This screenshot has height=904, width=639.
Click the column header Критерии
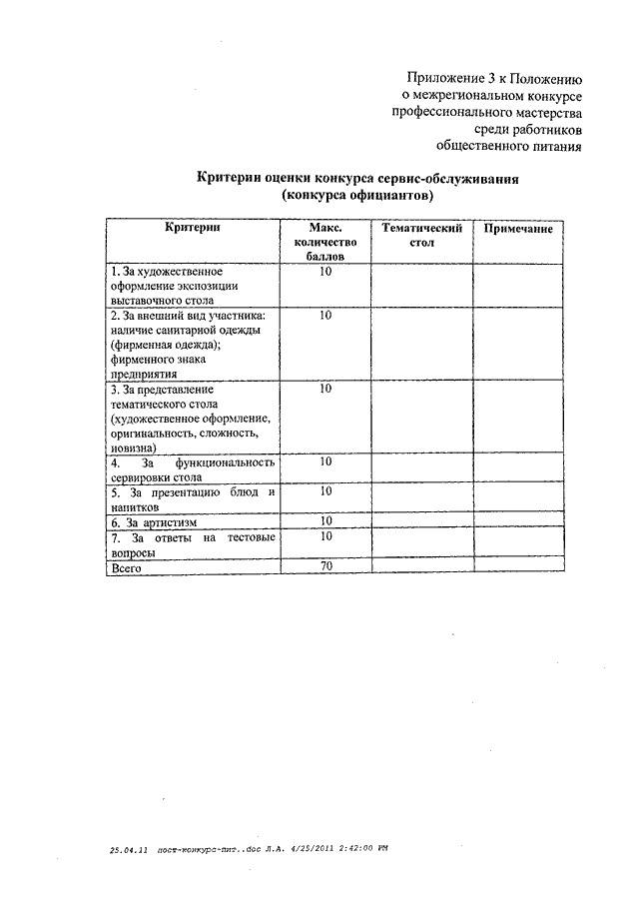point(194,229)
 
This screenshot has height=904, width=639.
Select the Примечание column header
point(518,229)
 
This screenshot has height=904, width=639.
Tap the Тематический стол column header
point(421,236)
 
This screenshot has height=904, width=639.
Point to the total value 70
point(325,567)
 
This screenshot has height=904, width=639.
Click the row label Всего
point(127,568)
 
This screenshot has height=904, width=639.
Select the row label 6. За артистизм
point(155,521)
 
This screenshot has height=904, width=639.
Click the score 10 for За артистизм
point(325,520)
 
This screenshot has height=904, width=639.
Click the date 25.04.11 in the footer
point(129,848)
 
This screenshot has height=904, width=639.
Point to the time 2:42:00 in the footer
point(345,848)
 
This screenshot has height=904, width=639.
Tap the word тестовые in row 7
point(252,536)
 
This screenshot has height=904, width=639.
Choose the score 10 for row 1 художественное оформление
point(325,271)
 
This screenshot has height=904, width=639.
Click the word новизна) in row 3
point(135,449)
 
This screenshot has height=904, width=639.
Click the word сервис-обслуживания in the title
point(458,177)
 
